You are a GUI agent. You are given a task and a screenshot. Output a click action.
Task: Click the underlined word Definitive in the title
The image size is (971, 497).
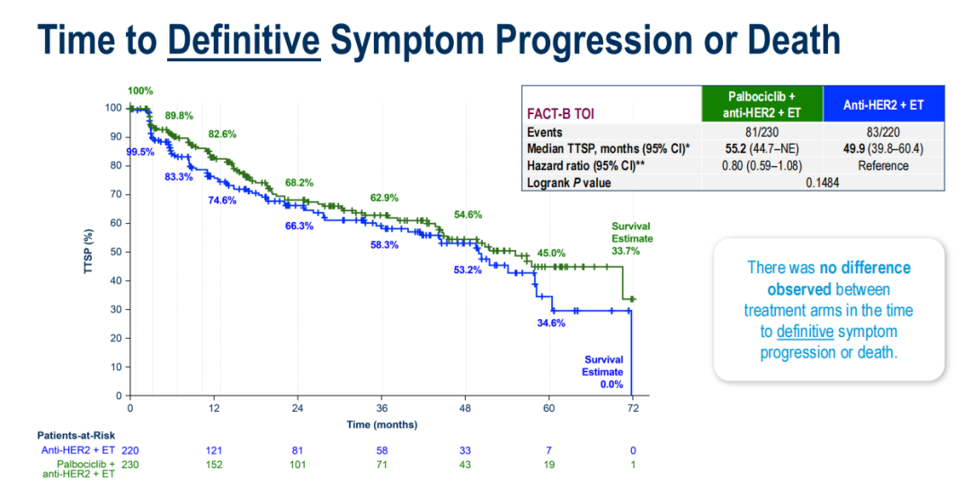point(244,40)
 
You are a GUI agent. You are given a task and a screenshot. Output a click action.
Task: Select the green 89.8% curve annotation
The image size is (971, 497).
point(180,115)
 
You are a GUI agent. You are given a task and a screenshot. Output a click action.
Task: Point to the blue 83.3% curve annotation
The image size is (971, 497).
point(180,177)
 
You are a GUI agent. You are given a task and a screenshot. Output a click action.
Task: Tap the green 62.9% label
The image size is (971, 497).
point(385,197)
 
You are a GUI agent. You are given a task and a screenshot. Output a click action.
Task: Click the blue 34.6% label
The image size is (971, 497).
point(550,323)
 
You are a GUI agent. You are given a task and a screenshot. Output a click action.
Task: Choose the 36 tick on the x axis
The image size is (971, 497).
point(381,408)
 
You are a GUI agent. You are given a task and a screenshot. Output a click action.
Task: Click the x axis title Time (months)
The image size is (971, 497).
point(381,423)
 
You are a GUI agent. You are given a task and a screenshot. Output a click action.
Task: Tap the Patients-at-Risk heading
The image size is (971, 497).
point(74,435)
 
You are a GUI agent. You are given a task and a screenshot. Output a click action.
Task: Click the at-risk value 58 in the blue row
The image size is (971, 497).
point(383,449)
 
